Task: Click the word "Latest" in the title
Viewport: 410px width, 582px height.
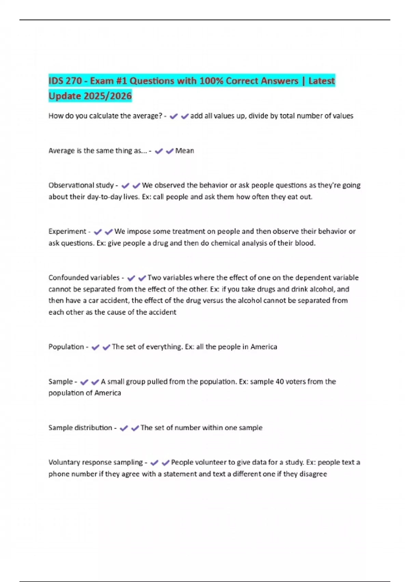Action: coord(321,81)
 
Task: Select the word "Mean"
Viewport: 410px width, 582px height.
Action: coord(184,151)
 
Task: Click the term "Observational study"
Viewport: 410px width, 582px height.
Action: coord(81,185)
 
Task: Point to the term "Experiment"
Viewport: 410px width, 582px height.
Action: coord(67,231)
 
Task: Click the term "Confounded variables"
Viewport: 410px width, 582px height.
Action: coord(84,278)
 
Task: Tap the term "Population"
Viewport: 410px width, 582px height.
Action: coord(66,347)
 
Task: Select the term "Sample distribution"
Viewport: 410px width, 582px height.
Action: coord(80,428)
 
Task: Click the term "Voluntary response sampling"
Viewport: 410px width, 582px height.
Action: coord(96,462)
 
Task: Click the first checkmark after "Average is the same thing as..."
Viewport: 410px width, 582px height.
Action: coord(159,151)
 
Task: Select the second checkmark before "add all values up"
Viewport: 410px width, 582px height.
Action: coord(185,116)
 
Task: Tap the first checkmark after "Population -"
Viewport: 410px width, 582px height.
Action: coord(95,347)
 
